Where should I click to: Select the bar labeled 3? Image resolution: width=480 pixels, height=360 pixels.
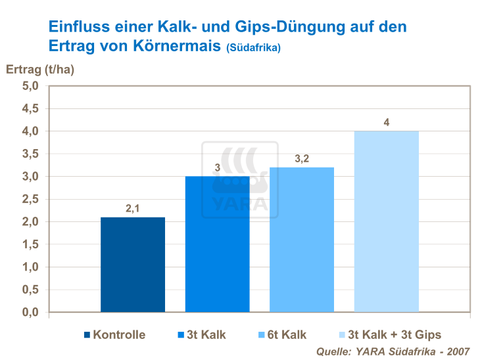[217, 244]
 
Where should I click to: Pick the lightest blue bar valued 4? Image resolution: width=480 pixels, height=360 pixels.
[386, 221]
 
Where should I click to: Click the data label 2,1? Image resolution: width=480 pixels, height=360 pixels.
[133, 209]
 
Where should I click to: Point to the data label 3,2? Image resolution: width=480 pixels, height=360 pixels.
[302, 159]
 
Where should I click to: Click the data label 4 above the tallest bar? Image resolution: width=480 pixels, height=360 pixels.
[387, 122]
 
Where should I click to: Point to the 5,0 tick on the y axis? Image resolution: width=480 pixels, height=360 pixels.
[31, 86]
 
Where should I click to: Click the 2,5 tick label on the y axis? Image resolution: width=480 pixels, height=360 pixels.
[31, 199]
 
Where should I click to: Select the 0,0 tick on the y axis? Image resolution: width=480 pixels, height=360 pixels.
[31, 312]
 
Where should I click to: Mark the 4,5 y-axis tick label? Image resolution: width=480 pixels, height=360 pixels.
[31, 108]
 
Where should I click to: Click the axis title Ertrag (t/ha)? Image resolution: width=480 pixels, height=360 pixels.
[39, 69]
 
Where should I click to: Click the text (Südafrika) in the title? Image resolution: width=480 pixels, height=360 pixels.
[253, 49]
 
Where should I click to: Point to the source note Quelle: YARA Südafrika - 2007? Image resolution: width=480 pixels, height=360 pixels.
[393, 351]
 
